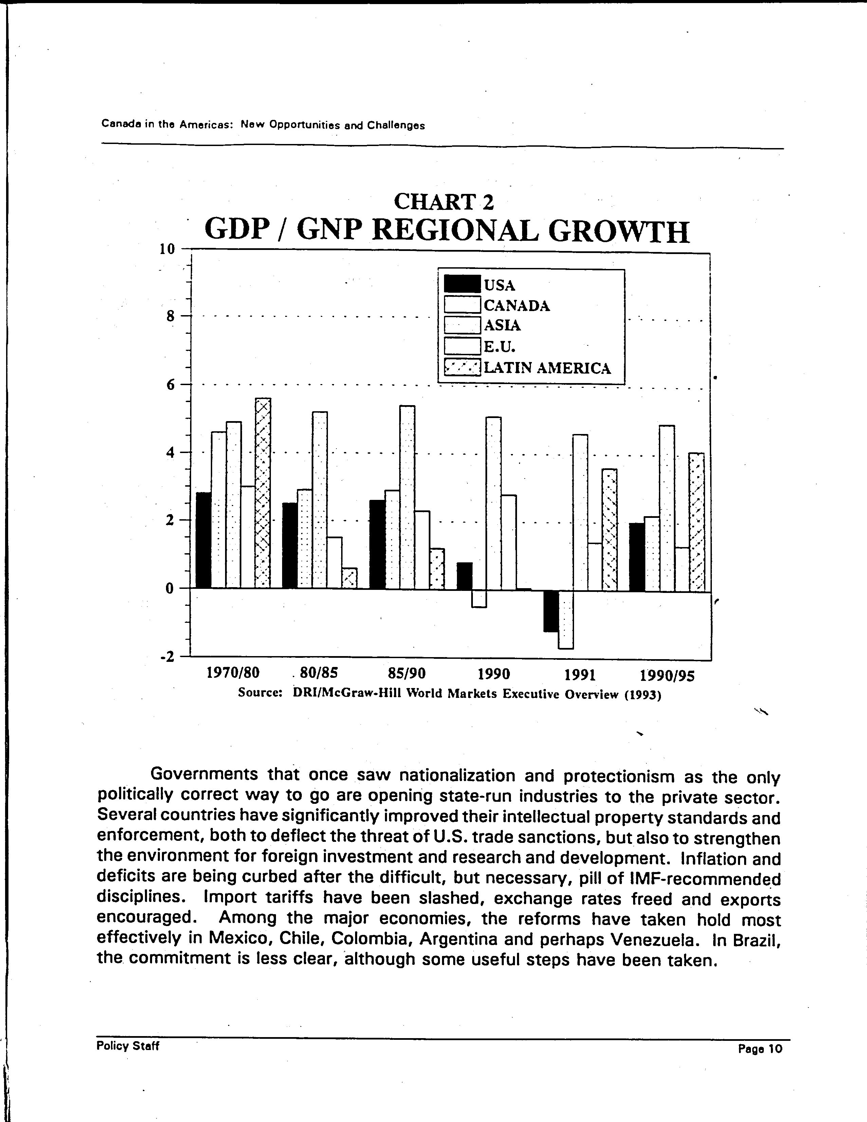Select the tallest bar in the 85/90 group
[407, 497]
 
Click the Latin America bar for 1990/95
[697, 522]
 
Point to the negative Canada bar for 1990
[479, 598]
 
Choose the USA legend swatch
[462, 285]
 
